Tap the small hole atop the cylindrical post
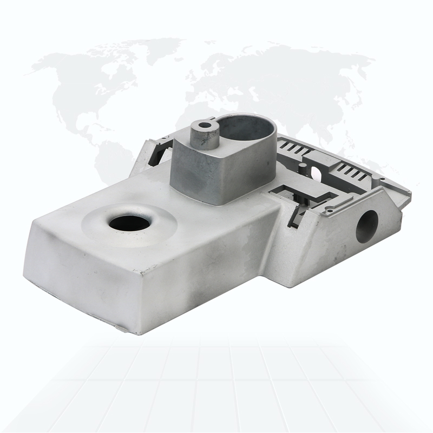pos(204,126)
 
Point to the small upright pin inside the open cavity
pos(304,169)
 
